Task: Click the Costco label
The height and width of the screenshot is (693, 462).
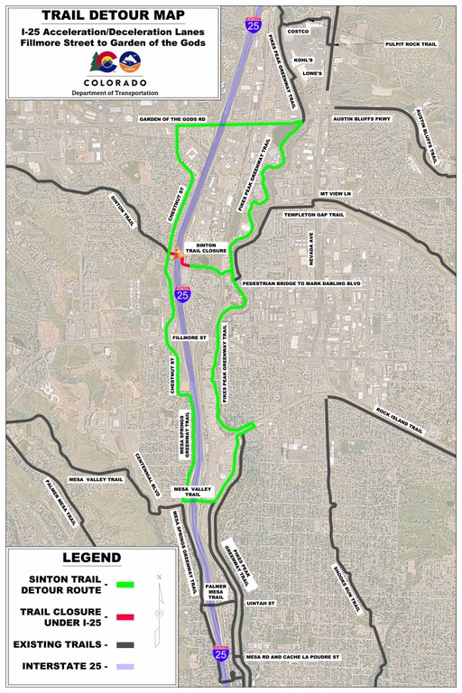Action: click(x=298, y=32)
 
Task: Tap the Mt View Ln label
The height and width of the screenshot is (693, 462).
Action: click(x=335, y=193)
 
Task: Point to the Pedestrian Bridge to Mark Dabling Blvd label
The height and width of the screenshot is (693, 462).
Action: click(x=302, y=283)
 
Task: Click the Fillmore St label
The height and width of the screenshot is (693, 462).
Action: click(x=189, y=337)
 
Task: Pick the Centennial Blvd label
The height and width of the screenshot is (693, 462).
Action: click(x=147, y=473)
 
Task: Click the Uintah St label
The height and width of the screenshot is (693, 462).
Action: click(x=263, y=603)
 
